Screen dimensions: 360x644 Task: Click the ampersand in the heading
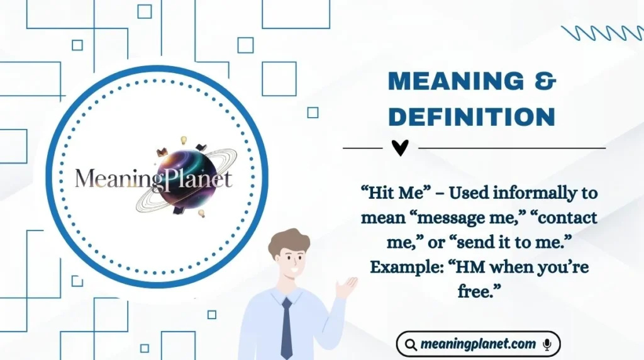545,82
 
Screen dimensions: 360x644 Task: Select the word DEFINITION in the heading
472,116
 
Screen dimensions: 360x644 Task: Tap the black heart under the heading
400,148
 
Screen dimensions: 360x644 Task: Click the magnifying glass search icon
411,344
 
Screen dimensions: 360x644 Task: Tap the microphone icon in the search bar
547,344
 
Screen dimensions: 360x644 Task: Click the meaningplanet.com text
478,344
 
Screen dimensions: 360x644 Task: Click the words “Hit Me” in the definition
388,193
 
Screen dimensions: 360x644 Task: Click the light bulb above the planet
184,140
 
